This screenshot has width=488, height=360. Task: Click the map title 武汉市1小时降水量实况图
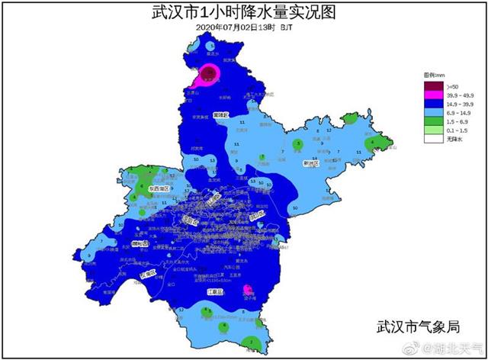(x=244, y=12)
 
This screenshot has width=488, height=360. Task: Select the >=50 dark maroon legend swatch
(x=435, y=85)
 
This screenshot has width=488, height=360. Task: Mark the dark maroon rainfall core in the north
(x=207, y=73)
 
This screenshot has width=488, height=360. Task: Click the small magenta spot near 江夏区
(x=248, y=289)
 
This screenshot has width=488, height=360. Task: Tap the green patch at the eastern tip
(x=374, y=143)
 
